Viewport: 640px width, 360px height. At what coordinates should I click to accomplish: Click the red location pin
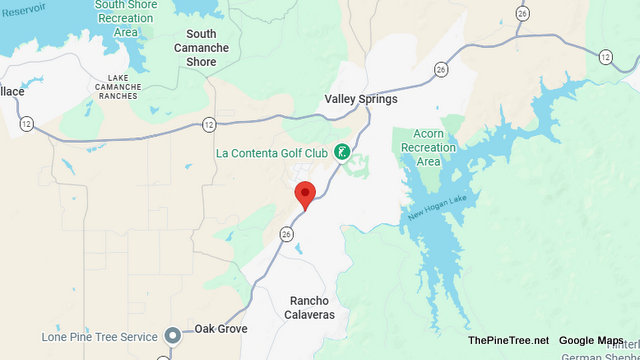[305, 194]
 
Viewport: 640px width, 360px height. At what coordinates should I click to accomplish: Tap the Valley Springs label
[361, 99]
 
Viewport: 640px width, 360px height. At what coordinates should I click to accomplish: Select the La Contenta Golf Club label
[272, 153]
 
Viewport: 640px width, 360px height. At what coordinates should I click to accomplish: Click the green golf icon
[342, 152]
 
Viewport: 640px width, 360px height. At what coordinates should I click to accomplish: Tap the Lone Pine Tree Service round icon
[173, 334]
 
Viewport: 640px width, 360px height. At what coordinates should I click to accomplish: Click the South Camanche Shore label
[201, 47]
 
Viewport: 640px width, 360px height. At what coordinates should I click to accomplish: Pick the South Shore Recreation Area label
[125, 18]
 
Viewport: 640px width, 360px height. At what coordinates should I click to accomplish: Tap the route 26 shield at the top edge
[522, 13]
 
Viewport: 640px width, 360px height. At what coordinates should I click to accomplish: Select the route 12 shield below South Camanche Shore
[208, 124]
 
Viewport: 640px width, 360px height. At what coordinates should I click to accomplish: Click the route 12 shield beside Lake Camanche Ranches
[24, 124]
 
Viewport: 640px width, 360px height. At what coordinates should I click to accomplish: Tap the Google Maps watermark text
[591, 341]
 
